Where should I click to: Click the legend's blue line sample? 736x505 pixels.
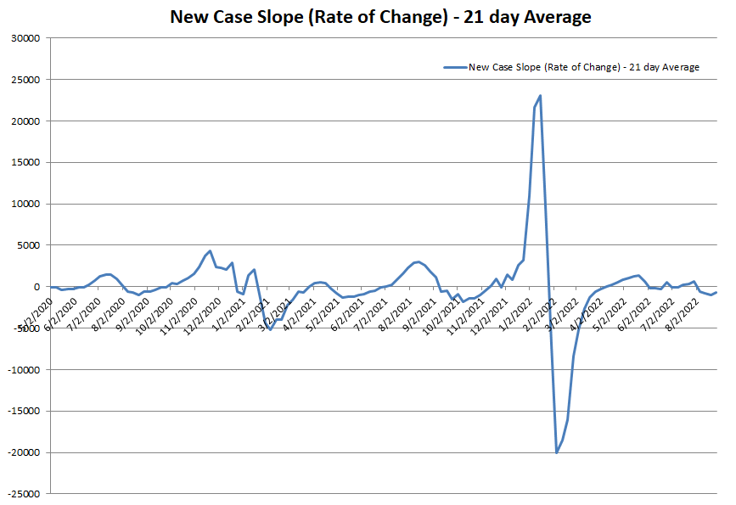pyautogui.click(x=454, y=67)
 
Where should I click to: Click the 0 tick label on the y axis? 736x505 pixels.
pyautogui.click(x=38, y=287)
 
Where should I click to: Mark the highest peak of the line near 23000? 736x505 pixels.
pyautogui.click(x=540, y=96)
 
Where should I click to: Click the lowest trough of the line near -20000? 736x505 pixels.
pyautogui.click(x=557, y=452)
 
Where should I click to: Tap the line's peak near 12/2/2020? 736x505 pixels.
pyautogui.click(x=210, y=251)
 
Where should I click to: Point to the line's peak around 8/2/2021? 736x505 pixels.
pyautogui.click(x=418, y=261)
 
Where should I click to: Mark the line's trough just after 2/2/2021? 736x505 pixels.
pyautogui.click(x=270, y=328)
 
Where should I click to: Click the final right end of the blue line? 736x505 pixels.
pyautogui.click(x=716, y=293)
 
